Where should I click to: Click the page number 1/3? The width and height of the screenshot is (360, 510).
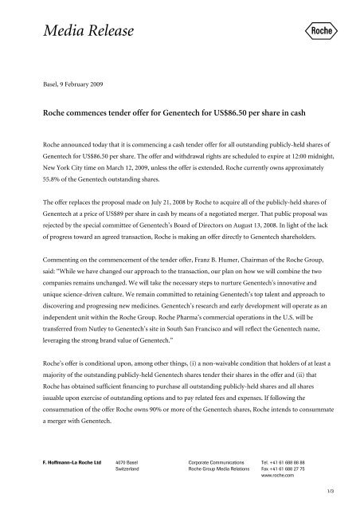[x=338, y=496]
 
